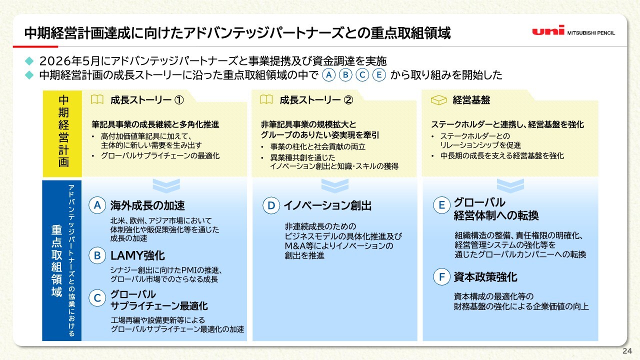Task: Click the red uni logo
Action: pos(548,30)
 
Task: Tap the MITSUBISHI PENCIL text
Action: pos(591,33)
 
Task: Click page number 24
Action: pos(627,351)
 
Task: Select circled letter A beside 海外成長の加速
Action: pos(97,205)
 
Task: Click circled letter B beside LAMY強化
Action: pos(97,255)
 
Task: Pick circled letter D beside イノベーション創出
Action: pos(271,205)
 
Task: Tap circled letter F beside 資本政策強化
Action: pos(441,276)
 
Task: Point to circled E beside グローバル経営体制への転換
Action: pos(441,205)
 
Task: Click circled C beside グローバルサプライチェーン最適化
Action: pos(97,297)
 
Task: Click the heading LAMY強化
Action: pos(137,255)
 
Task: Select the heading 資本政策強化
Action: pos(485,277)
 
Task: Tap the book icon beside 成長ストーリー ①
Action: pos(97,99)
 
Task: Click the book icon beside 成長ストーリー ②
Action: pos(266,99)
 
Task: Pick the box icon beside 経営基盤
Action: pos(438,100)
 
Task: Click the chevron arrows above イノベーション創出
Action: pos(335,185)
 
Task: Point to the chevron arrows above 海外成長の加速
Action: pos(166,185)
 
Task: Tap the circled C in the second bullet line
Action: pos(362,75)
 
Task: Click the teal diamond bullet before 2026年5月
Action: pos(29,61)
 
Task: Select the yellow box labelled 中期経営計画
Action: pos(62,133)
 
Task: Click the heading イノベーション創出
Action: pos(327,205)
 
